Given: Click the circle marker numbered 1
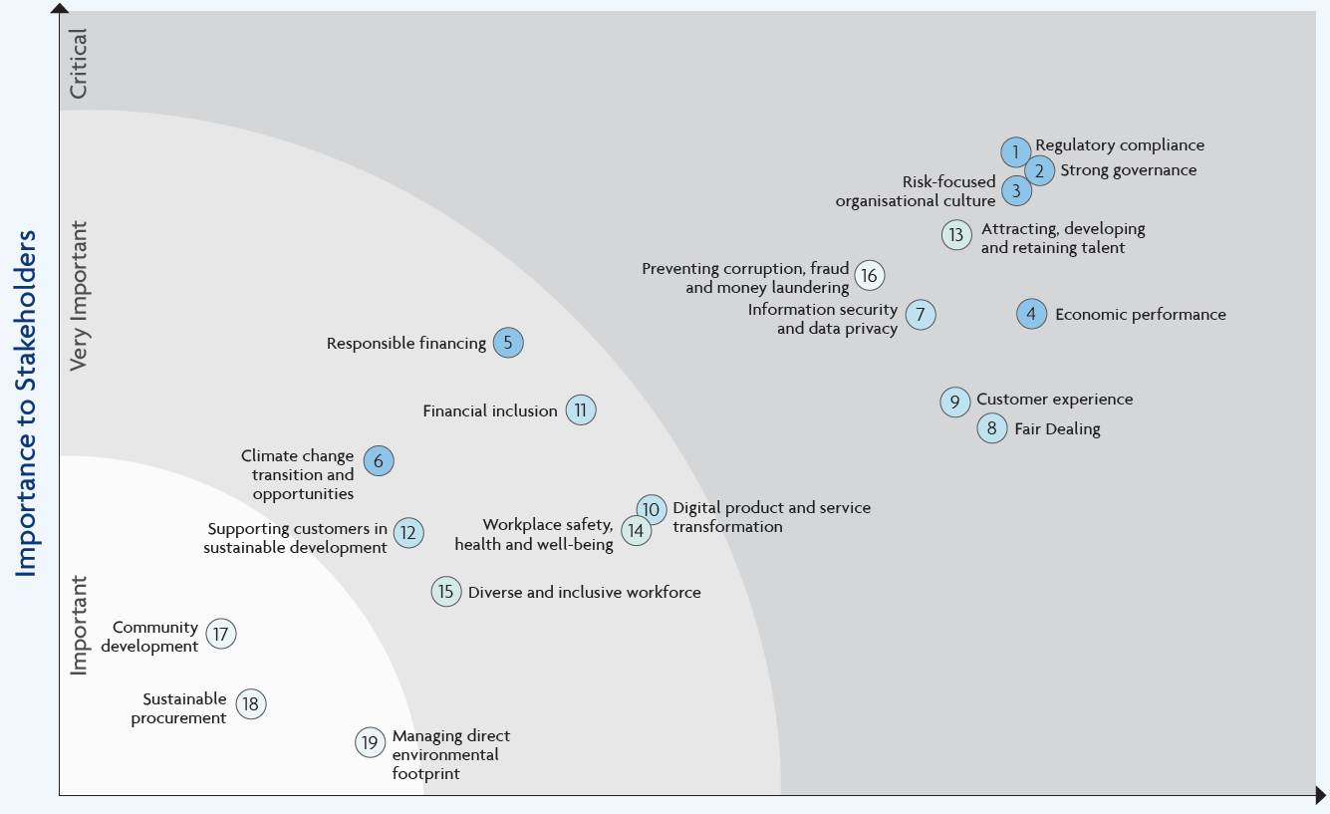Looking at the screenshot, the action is (x=1015, y=152).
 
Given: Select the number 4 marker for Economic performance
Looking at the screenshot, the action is (x=1031, y=314).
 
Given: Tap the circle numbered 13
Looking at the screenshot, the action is (x=956, y=234).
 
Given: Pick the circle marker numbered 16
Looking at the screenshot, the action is (x=870, y=275).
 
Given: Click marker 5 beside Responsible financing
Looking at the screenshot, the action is (x=508, y=342).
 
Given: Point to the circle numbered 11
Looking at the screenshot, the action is (x=580, y=409).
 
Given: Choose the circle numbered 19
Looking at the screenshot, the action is (x=370, y=742).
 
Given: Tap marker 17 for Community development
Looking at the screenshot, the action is (x=221, y=634).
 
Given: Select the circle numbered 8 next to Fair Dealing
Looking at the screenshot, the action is (x=991, y=428).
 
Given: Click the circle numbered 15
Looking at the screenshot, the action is (x=446, y=592).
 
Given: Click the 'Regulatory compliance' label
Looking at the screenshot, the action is (x=1120, y=145).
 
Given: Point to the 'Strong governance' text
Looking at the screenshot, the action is (x=1128, y=170).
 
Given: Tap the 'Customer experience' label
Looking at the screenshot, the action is (x=1054, y=399).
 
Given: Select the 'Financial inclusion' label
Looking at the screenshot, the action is (x=490, y=410).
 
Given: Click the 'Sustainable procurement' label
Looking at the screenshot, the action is (x=178, y=708).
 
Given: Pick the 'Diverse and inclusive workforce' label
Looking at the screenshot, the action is (x=584, y=593).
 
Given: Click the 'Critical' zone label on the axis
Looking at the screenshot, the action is (x=78, y=64).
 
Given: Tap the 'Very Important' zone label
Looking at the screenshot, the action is (x=78, y=296).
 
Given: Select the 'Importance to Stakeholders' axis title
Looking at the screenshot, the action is (x=26, y=404).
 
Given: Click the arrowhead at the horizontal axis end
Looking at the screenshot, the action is (x=1320, y=796).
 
